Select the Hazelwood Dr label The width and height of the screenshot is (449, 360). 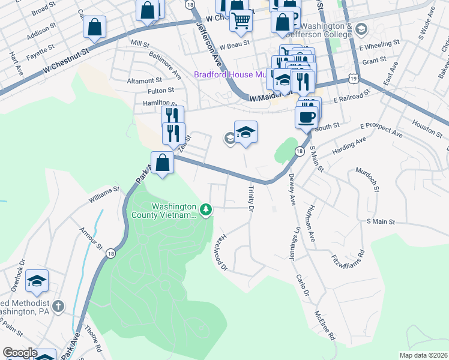[219, 252]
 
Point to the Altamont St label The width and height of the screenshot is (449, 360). [145, 80]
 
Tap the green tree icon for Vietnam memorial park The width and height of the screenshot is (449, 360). [206, 209]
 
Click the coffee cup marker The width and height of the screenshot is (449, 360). [307, 116]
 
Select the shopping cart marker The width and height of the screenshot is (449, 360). [241, 20]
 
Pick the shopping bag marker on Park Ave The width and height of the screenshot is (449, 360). [162, 162]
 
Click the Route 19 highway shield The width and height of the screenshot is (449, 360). [353, 79]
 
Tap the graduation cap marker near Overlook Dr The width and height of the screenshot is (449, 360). [37, 280]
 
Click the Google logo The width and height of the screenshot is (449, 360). [19, 353]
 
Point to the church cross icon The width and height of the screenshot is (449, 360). [57, 306]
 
